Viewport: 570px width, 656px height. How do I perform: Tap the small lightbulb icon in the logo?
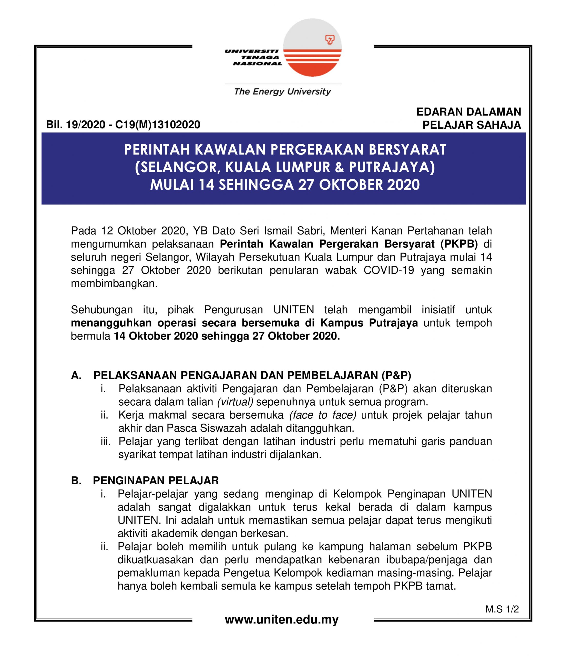point(330,40)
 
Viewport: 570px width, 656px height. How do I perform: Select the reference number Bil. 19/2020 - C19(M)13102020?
point(123,125)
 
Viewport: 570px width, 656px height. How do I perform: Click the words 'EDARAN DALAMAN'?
point(469,112)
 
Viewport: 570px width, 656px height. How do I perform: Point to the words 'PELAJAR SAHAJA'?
point(471,125)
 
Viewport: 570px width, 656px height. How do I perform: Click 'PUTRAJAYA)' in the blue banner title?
point(392,168)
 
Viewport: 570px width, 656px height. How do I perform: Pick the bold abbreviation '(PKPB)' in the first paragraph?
point(459,244)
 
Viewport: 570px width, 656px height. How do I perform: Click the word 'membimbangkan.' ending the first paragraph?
point(114,284)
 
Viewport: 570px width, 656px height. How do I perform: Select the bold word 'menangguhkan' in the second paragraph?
point(111,323)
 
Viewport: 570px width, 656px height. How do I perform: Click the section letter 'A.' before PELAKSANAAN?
point(76,376)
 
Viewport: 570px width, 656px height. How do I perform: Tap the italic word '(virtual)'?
point(235,402)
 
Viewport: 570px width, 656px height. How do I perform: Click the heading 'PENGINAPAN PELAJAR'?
point(156,480)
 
